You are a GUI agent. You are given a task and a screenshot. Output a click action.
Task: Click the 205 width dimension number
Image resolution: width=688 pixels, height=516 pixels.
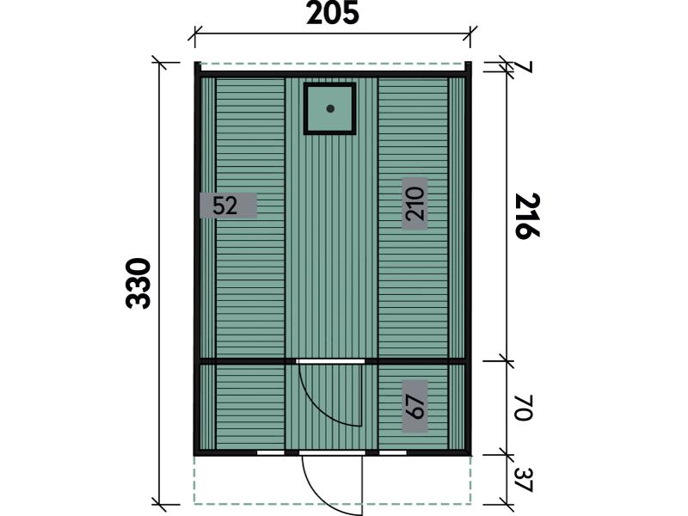coord(333,13)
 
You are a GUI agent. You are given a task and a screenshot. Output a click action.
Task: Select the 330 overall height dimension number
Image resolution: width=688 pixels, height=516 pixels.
coord(138,284)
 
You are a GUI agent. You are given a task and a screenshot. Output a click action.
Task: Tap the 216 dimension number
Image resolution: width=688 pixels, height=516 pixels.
coord(527,216)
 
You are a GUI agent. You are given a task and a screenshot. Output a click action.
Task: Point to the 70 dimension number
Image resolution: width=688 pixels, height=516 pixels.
coord(523,408)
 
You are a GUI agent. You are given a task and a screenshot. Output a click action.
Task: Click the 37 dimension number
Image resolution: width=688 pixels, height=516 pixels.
coord(523,480)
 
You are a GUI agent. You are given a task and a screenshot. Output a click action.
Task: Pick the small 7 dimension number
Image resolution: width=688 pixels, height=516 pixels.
coord(525,68)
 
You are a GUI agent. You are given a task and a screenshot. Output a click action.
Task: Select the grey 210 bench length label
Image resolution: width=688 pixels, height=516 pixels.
coord(415,204)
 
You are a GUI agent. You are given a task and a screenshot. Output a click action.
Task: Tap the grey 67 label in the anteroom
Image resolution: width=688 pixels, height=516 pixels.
coord(415,406)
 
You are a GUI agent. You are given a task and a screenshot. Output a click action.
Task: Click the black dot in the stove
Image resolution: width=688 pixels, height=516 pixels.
coord(330,108)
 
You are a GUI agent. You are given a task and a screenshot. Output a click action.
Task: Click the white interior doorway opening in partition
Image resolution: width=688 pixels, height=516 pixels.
coord(330,361)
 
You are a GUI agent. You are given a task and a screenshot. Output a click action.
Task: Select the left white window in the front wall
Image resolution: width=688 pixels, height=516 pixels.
coord(270,452)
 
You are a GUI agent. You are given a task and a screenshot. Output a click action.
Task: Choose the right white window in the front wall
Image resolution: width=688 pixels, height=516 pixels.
coord(393,452)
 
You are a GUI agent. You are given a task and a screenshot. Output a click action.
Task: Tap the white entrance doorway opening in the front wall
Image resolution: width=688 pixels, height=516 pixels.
coord(332,452)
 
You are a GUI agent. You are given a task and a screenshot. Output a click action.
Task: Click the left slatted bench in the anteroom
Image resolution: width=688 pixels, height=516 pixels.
coord(250,407)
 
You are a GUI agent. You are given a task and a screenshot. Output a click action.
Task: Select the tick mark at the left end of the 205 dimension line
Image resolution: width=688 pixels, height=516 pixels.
coord(195,34)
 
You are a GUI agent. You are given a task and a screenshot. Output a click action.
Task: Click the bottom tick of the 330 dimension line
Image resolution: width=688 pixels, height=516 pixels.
coord(158,505)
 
